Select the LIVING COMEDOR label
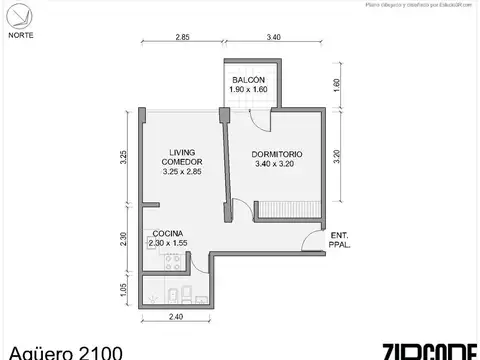[x=182, y=160]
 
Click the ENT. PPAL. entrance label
[x=339, y=239]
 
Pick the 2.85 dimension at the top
[x=182, y=37]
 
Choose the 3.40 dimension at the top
[x=274, y=37]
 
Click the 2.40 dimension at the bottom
[x=175, y=318]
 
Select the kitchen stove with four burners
[x=172, y=264]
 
